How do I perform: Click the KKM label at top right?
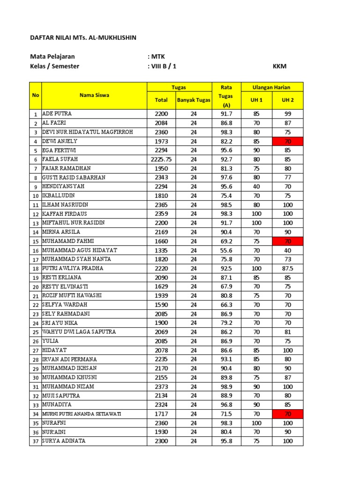click(279, 66)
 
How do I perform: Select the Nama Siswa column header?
click(94, 95)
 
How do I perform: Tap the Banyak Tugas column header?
click(193, 100)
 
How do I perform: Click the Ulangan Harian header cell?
click(271, 87)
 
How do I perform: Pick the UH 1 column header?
click(256, 100)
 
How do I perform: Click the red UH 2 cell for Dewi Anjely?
click(287, 141)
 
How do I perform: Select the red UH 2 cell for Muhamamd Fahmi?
click(287, 241)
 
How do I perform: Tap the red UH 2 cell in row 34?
click(287, 414)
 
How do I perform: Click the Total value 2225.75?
click(161, 159)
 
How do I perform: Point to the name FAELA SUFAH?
click(60, 159)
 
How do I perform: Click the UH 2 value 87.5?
click(287, 269)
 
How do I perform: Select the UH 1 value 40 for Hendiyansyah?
click(256, 187)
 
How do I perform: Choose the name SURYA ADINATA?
click(64, 441)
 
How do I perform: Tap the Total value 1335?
click(161, 250)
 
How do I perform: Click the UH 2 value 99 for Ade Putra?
click(287, 114)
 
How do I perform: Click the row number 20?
click(35, 287)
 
